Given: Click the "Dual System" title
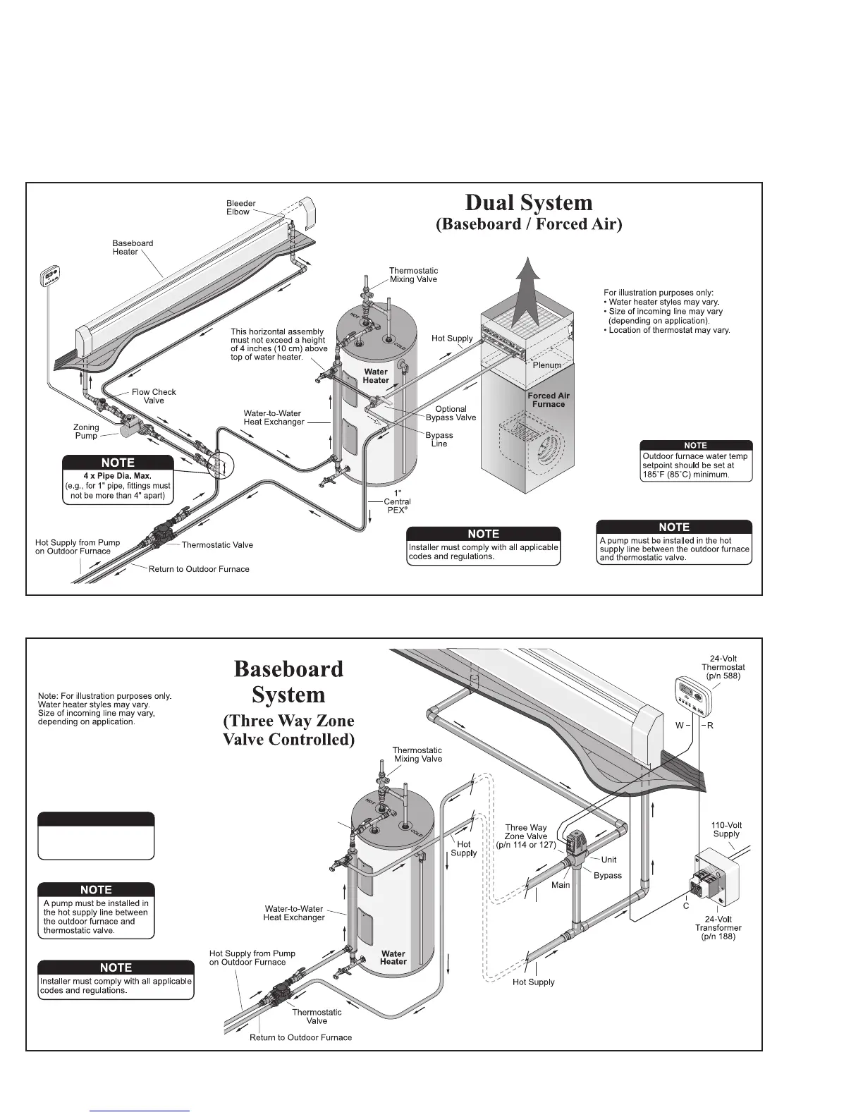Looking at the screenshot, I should (x=529, y=202).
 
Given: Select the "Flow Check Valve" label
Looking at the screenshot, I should (x=154, y=396).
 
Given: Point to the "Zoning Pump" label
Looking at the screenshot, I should (x=86, y=432).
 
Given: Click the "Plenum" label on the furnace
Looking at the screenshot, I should (x=546, y=365).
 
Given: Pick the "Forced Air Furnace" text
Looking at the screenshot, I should (x=549, y=400).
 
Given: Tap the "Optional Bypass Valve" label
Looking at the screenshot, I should (x=451, y=413).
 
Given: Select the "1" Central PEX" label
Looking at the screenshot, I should (x=397, y=501).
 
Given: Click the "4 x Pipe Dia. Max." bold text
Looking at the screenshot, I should (x=118, y=476).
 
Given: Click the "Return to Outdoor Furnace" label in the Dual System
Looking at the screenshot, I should (x=199, y=569).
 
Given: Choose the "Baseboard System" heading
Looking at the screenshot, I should (x=288, y=681).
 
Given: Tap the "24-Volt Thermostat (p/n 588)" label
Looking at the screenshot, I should (x=723, y=667).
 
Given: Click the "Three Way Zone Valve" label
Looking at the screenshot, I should (x=526, y=836).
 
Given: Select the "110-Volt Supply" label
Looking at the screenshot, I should (x=726, y=829).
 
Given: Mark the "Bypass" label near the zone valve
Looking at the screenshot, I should (x=608, y=875).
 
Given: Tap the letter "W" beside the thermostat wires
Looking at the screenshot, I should (x=680, y=726).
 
